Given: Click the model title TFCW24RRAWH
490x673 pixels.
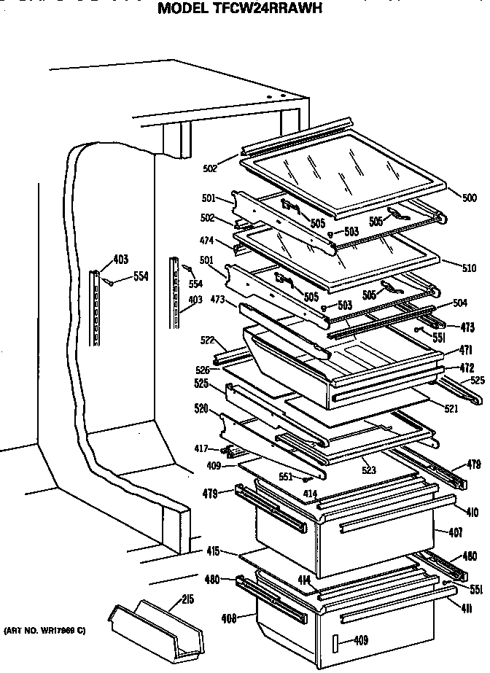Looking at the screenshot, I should tap(240, 9).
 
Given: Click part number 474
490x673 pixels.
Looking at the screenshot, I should tap(207, 239).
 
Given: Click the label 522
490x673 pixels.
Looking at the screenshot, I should tap(209, 341).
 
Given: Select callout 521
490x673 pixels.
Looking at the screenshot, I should tap(451, 409).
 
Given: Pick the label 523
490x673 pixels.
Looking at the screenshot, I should tap(369, 471).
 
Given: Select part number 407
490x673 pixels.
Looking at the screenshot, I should tap(456, 532).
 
